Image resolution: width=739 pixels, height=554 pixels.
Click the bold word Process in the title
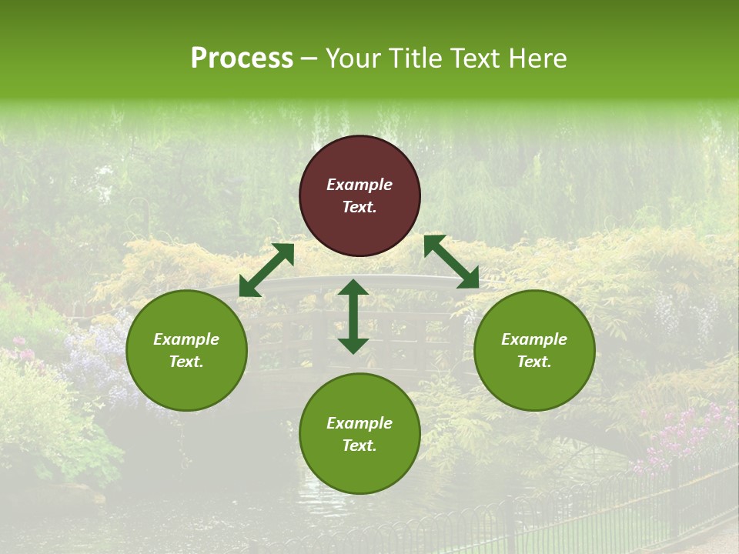pos(242,58)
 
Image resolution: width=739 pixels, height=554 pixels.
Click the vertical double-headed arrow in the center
pos(353,316)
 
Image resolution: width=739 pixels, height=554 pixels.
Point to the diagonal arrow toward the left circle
pos(266,270)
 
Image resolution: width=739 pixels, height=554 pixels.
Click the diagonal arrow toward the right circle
pos(451,262)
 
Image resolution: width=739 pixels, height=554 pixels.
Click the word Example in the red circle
pos(359,185)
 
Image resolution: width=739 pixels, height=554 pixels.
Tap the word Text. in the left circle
pos(186,362)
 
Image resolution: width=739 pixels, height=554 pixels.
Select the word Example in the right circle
pos(534,339)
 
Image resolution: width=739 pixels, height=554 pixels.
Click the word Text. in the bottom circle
pos(359,446)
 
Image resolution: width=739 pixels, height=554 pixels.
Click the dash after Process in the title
pos(309,59)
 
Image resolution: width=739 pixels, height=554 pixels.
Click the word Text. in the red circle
pos(359,207)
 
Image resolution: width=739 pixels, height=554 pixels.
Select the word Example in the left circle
pos(186,339)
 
